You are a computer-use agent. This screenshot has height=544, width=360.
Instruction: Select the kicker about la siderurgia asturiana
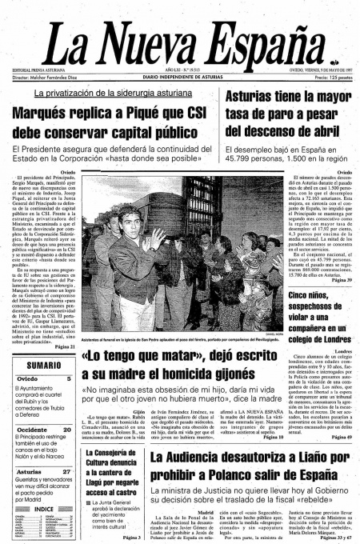tap(112, 94)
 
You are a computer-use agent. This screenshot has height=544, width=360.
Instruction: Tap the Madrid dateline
tap(205, 511)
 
